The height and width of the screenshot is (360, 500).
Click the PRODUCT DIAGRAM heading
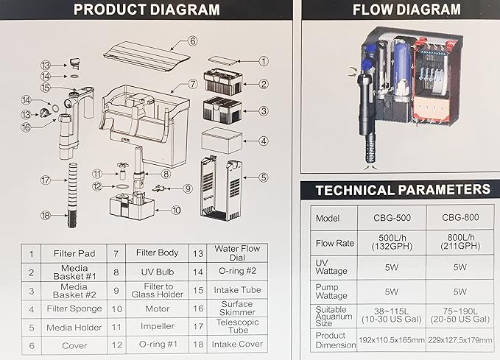click(147, 10)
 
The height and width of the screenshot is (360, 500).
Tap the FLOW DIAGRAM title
click(406, 10)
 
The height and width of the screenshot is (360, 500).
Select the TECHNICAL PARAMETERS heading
click(403, 190)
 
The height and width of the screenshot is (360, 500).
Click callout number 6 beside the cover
click(193, 41)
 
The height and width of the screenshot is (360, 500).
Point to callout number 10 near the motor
click(176, 210)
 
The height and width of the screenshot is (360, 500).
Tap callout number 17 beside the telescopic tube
click(46, 180)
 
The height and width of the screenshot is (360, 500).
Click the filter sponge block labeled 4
click(222, 141)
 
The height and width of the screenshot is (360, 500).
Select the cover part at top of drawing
click(147, 57)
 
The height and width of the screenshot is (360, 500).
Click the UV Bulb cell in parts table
click(158, 272)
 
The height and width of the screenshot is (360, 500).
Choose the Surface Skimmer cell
click(237, 308)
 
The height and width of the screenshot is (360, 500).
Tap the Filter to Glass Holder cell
click(158, 291)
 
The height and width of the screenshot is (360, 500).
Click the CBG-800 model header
click(460, 217)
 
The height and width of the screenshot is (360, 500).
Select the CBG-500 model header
click(392, 218)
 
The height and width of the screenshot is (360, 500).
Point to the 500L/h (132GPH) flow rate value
click(392, 242)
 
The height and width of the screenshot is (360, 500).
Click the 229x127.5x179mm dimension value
click(459, 340)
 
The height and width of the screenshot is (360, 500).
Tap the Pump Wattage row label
click(331, 292)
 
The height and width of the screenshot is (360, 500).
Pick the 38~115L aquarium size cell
click(392, 315)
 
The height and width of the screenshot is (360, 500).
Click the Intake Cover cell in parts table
click(237, 345)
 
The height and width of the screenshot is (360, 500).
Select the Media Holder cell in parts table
click(74, 328)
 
